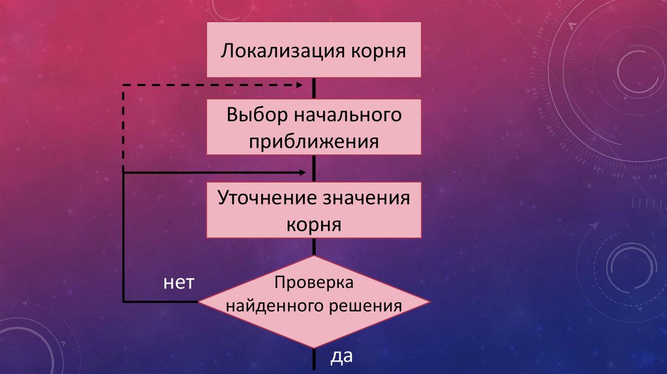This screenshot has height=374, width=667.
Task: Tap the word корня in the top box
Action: (378, 51)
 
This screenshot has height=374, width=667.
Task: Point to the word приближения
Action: (313, 141)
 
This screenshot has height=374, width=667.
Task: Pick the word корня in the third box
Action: (313, 225)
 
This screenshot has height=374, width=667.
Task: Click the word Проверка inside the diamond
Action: (313, 283)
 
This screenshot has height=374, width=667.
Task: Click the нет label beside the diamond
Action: (178, 283)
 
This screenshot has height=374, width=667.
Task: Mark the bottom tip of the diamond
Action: (314, 347)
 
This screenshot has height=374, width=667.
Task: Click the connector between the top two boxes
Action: (314, 89)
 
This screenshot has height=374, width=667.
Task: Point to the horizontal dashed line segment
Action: (208, 85)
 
